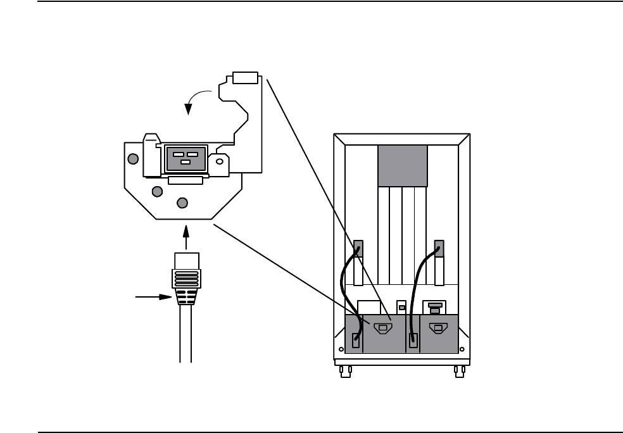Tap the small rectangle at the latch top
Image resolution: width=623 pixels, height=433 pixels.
point(245,77)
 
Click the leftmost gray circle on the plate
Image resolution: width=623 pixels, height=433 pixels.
point(132,159)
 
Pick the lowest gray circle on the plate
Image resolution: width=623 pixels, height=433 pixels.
point(182,203)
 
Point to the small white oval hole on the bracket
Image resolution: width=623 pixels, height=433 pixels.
point(219,162)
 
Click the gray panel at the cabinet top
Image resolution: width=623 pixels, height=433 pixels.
point(402,166)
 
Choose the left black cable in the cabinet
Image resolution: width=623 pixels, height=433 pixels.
point(347,291)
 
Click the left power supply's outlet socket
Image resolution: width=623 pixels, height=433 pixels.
point(381,329)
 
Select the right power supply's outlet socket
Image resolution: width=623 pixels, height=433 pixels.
point(436,329)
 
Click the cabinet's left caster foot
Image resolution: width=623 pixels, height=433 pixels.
point(346,371)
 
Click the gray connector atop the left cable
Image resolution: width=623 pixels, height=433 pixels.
point(357,247)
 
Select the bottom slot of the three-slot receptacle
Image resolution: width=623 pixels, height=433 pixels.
point(184,162)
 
